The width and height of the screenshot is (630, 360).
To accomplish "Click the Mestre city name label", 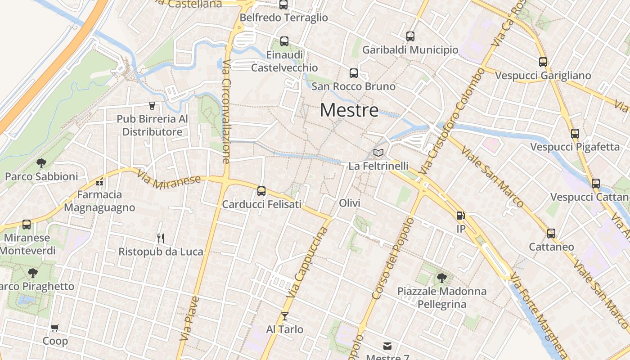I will point(349,110).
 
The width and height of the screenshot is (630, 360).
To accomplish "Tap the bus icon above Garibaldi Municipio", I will point(410,36).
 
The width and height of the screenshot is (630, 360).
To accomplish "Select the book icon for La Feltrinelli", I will point(378,153).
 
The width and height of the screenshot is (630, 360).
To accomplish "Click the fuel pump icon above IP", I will point(460,216).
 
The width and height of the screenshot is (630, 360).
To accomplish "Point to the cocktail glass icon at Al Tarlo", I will point(284,316).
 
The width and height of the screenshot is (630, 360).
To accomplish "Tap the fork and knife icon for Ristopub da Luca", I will point(160,238).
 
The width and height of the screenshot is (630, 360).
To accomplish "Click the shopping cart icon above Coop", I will point(55,328).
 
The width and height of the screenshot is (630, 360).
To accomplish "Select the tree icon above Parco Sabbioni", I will point(41,163).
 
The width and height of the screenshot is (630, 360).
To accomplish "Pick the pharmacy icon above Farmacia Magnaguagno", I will point(99,182).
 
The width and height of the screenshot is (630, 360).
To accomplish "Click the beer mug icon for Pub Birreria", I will point(152,106).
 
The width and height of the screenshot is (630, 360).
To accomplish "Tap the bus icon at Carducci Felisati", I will point(261,191).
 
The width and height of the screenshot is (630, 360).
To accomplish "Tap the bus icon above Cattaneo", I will point(551,234).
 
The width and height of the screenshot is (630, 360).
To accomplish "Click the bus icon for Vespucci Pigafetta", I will point(575,134).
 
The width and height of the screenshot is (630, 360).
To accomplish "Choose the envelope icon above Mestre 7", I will point(387,346).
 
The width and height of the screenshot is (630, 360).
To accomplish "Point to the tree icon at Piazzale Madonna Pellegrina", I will point(441,278).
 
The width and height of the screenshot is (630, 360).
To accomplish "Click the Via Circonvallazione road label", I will point(226,111).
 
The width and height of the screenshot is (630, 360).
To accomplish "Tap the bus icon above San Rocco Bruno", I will point(354,73).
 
